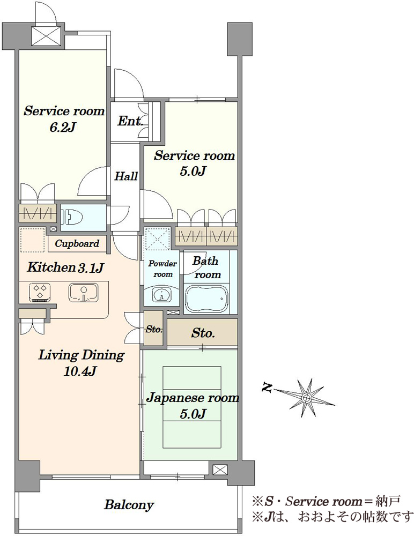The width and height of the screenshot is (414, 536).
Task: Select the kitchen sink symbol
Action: click(x=83, y=293)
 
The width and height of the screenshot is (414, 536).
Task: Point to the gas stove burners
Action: click(x=40, y=293)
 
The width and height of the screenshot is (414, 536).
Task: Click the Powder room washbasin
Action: click(x=161, y=295)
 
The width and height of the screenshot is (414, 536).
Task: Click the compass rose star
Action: click(x=306, y=397)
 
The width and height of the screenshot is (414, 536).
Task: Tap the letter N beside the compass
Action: click(x=267, y=388)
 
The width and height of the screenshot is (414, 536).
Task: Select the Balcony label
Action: click(x=129, y=505)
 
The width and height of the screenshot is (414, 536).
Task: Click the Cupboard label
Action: click(x=77, y=244)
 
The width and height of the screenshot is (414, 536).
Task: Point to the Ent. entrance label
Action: click(x=130, y=121)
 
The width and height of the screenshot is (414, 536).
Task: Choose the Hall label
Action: click(x=126, y=176)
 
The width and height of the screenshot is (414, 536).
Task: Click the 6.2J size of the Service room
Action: click(x=62, y=128)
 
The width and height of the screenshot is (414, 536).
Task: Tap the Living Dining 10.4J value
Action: click(x=80, y=371)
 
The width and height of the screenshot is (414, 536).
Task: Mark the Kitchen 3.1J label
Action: click(x=65, y=267)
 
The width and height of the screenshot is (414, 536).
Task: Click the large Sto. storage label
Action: click(x=203, y=333)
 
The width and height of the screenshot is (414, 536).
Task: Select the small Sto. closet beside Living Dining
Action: click(x=153, y=329)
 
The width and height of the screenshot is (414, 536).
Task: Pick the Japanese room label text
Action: click(x=193, y=398)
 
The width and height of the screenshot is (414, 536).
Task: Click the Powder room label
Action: click(x=162, y=269)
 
